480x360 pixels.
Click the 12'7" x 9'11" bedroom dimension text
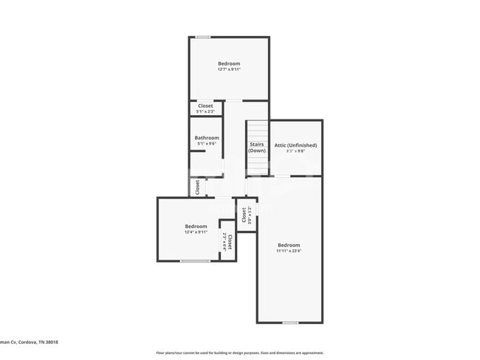click(x=229, y=70)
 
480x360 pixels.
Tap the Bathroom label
click(x=207, y=138)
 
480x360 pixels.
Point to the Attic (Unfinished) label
click(x=295, y=145)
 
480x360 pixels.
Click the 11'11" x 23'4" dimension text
click(x=289, y=251)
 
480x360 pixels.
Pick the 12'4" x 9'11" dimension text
click(x=196, y=232)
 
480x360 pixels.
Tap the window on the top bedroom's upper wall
click(x=202, y=37)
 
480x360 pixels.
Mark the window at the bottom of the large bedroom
click(x=290, y=322)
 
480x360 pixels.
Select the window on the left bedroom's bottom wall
click(x=195, y=261)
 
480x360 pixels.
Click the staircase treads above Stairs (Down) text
click(x=256, y=129)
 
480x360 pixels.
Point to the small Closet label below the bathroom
click(x=198, y=187)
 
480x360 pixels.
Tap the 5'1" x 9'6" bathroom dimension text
click(x=207, y=144)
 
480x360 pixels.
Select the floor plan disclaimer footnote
click(x=239, y=353)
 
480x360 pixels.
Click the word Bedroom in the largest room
click(x=289, y=245)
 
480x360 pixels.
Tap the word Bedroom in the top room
click(x=229, y=64)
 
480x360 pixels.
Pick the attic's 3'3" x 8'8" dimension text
click(x=295, y=151)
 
